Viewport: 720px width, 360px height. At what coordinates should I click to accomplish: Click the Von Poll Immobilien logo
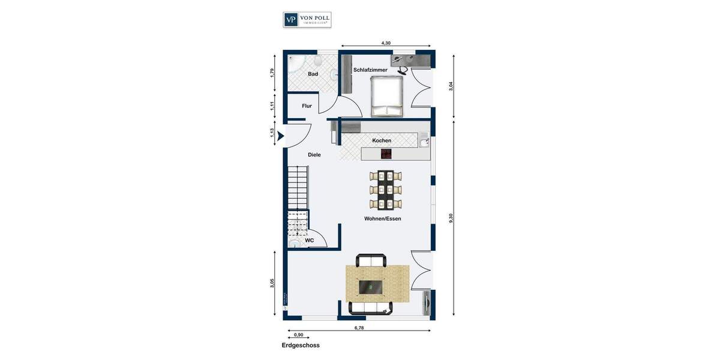pos(307,19)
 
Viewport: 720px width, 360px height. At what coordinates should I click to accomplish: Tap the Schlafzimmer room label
pos(370,70)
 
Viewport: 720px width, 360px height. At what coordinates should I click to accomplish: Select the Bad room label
pos(313,74)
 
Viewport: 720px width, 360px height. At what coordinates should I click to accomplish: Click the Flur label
pos(307,106)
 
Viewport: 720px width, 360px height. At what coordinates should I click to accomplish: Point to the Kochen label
pos(382,141)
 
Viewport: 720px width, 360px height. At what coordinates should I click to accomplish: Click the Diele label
pos(314,155)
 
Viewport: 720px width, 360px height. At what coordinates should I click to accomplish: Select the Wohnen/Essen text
pos(382,219)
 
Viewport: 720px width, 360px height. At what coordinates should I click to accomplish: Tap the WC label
pos(310,241)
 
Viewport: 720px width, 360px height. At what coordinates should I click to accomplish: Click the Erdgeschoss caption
pos(301,346)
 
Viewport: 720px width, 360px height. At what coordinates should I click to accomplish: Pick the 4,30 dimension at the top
pos(386,43)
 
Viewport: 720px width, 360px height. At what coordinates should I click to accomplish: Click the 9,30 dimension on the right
pos(451,218)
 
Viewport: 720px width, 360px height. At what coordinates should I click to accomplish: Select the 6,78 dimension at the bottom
pos(359,328)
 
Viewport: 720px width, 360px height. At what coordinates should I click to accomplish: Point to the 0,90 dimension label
pos(298,335)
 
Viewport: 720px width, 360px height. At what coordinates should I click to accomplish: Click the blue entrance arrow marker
pos(280,136)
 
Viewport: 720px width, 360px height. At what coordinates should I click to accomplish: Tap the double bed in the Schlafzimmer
pos(387,98)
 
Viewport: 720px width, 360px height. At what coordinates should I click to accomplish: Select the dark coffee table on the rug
pos(372,288)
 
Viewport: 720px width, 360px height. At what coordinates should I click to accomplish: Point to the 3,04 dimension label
pos(451,86)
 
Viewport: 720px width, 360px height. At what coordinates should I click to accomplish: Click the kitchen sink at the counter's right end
pos(424,142)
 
